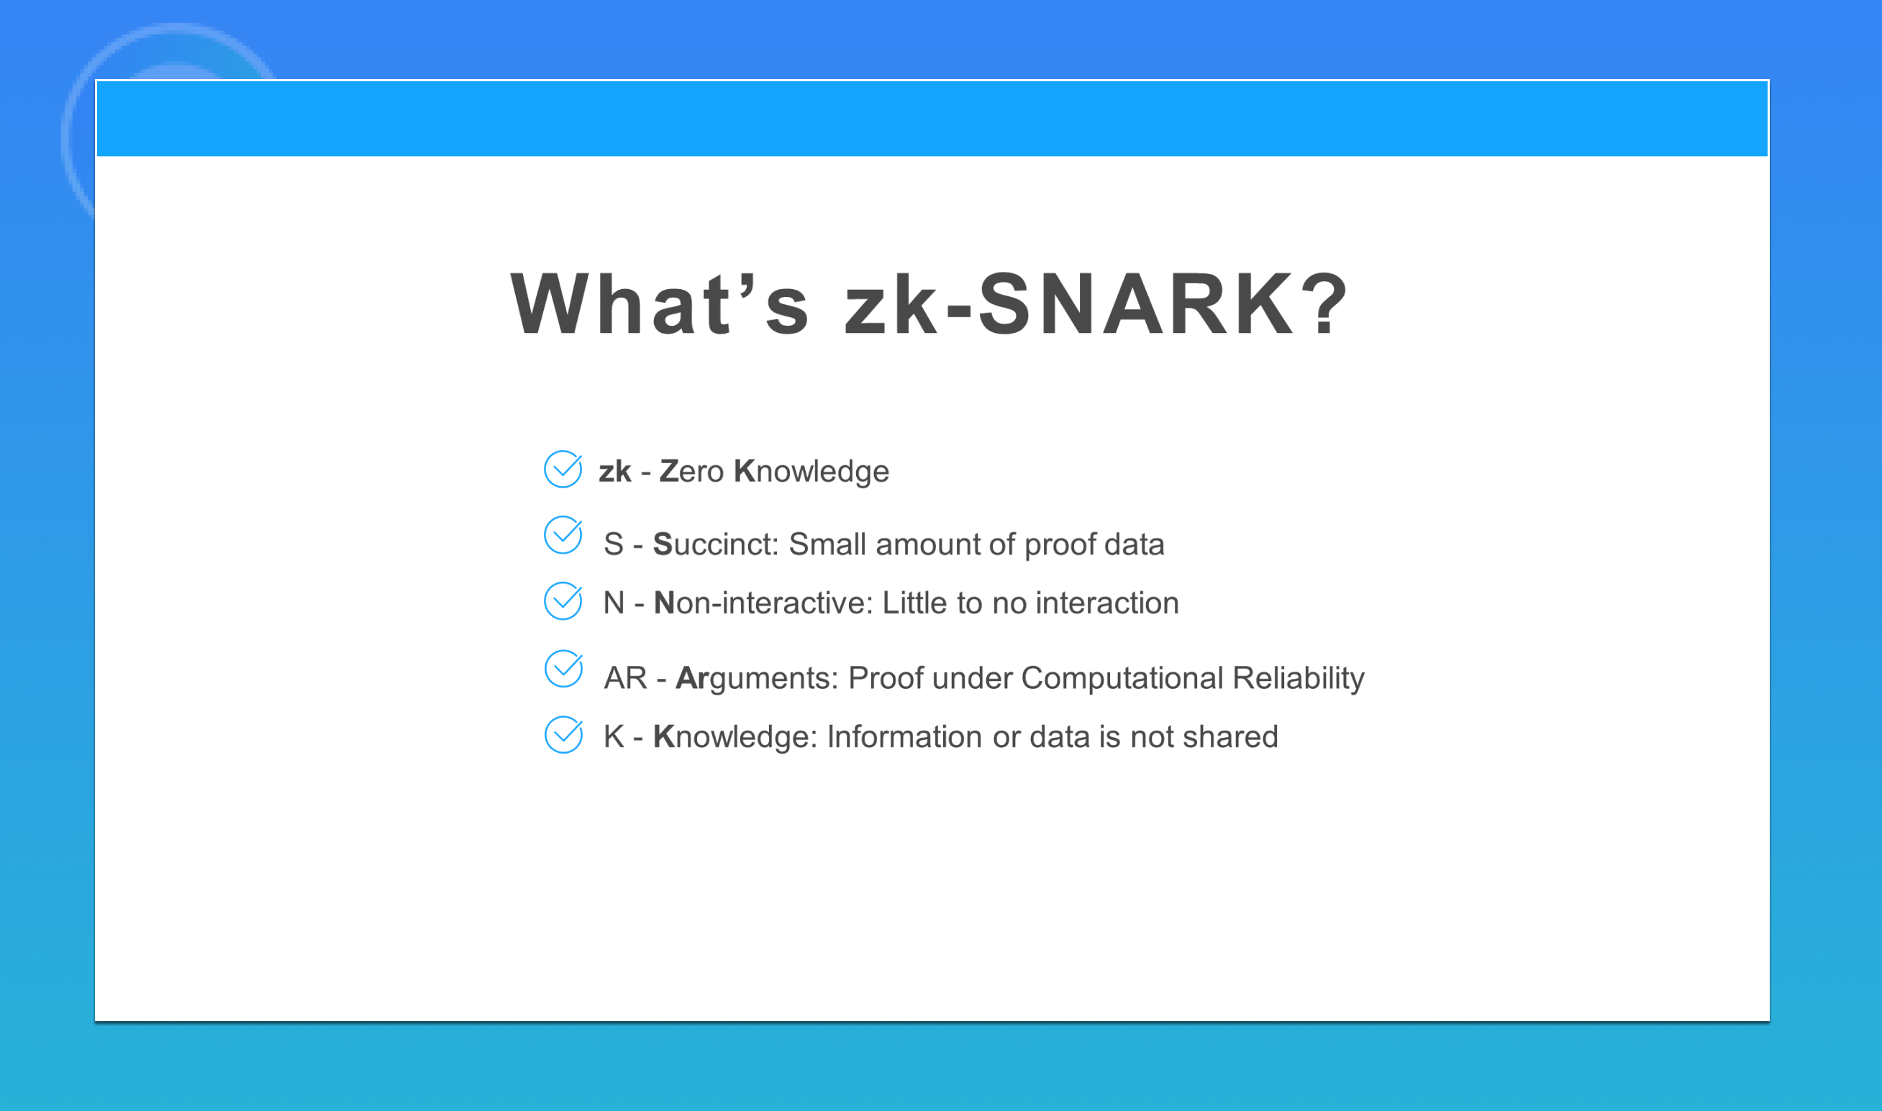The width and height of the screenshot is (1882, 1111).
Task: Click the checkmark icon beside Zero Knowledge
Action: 563,470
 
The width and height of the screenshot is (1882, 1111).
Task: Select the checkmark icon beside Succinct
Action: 563,535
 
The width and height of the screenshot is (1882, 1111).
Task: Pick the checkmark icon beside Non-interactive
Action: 563,601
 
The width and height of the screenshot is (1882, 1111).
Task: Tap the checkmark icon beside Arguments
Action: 563,669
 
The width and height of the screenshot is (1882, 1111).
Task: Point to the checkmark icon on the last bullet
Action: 563,734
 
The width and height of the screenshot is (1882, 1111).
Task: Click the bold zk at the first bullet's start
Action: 615,472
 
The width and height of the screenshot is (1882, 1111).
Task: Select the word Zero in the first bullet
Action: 691,472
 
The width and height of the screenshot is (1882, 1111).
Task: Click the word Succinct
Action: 714,544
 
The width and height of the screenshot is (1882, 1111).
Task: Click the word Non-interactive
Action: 763,603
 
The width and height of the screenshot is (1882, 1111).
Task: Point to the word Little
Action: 914,603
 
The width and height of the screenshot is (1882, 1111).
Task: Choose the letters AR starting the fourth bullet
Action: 625,677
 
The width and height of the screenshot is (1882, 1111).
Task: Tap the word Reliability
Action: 1298,678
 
